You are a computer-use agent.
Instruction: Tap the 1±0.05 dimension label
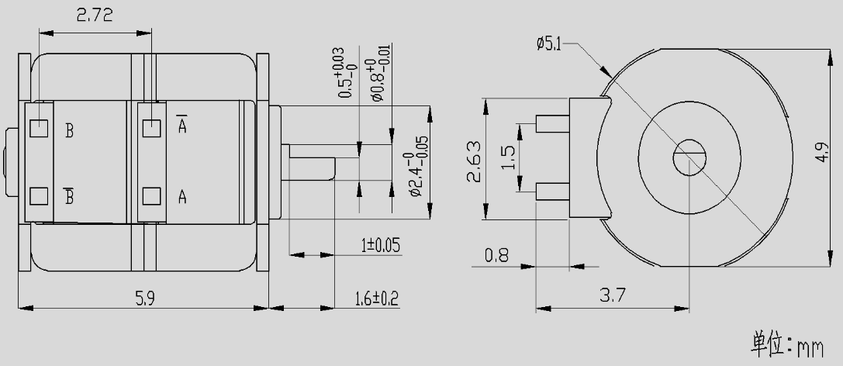(x=380, y=246)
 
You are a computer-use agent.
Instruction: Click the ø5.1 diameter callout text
(x=548, y=44)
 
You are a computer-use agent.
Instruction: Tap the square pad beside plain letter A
(x=151, y=195)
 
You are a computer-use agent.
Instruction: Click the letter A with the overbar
(x=181, y=126)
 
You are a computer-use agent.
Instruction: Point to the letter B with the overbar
(x=69, y=196)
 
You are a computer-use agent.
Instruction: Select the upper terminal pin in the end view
(x=553, y=123)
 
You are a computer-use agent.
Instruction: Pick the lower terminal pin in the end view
(x=553, y=188)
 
